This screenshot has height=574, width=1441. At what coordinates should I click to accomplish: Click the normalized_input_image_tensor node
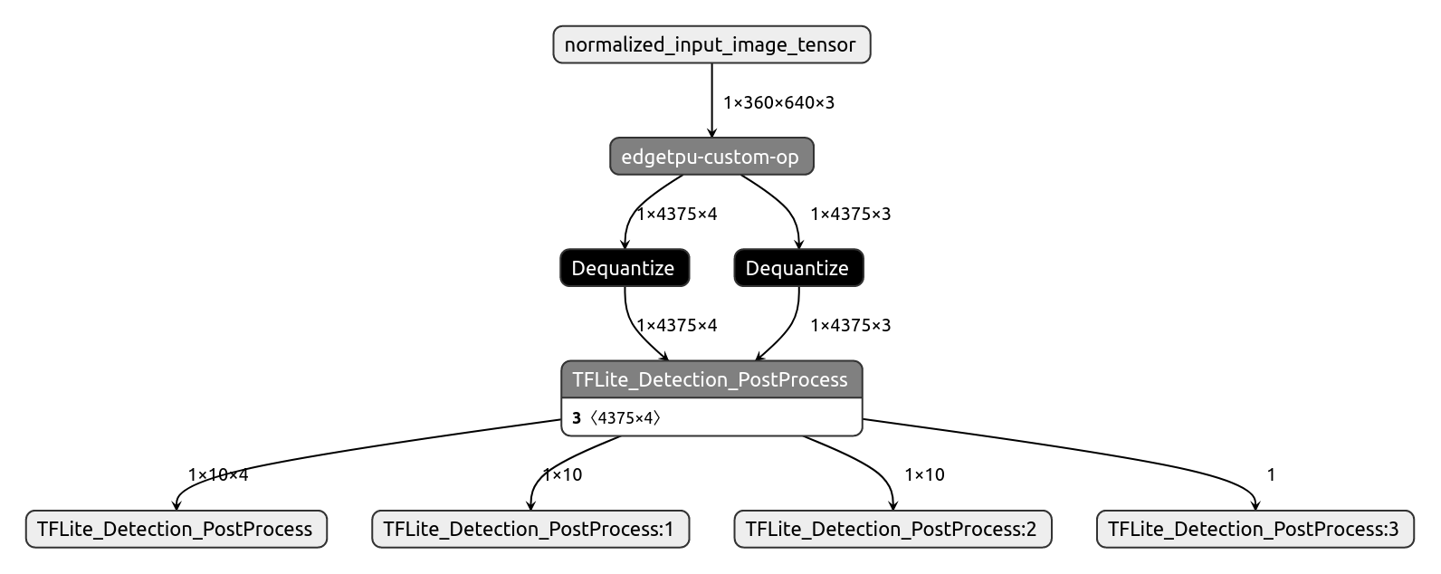[x=711, y=44]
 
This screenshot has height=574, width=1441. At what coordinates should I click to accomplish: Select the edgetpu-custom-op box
[x=711, y=157]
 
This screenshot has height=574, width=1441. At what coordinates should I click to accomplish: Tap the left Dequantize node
[x=624, y=268]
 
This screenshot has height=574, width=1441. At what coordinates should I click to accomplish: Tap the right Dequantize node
[x=797, y=268]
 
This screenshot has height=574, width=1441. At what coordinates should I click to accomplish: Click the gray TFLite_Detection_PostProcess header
[x=711, y=379]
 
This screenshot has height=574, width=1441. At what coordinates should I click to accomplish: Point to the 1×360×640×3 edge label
[x=778, y=102]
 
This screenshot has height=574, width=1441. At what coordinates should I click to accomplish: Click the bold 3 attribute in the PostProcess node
[x=577, y=418]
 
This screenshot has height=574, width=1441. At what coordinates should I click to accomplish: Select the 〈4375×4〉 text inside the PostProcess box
[x=625, y=418]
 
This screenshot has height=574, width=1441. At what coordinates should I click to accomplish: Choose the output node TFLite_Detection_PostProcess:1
[x=530, y=530]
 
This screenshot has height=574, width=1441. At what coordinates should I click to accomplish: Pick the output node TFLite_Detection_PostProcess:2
[x=892, y=530]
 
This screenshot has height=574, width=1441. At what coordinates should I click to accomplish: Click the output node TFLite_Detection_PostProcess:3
[x=1255, y=530]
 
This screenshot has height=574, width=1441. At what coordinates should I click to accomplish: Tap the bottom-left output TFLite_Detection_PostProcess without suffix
[x=176, y=530]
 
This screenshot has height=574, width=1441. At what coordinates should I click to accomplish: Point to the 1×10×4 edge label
[x=218, y=474]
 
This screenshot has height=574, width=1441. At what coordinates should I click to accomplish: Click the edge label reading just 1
[x=1271, y=474]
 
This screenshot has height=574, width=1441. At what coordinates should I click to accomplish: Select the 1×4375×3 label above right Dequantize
[x=850, y=215]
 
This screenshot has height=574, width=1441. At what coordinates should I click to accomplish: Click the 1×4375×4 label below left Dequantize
[x=677, y=325]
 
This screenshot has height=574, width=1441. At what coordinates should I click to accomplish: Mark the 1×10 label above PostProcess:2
[x=924, y=474]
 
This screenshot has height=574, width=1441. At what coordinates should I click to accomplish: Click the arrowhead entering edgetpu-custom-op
[x=712, y=133]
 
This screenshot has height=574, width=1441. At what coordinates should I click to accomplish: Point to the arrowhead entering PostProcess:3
[x=1255, y=506]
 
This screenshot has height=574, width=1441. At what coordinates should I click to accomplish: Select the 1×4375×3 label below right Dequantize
[x=850, y=325]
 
